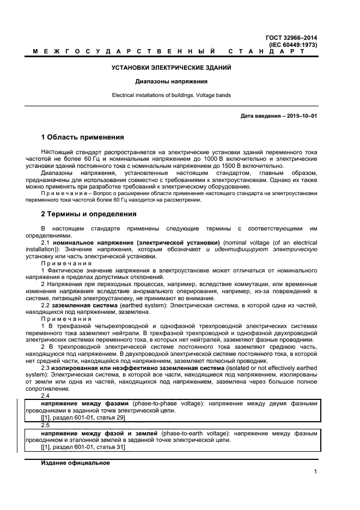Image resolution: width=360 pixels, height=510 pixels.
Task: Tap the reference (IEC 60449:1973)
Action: pyautogui.click(x=293, y=45)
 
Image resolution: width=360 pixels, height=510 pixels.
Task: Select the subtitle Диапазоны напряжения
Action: pyautogui.click(x=171, y=82)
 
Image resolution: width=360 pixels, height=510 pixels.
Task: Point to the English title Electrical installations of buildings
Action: pyautogui.click(x=171, y=95)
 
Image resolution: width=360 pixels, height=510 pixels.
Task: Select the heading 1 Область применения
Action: pyautogui.click(x=82, y=137)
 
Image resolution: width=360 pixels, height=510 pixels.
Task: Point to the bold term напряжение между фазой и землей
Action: pyautogui.click(x=99, y=433)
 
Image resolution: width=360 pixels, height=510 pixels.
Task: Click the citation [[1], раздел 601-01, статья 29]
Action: pyautogui.click(x=83, y=417)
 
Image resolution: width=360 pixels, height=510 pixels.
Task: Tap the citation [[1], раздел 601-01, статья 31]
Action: pyautogui.click(x=83, y=447)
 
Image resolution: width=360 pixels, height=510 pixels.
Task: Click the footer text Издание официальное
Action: pyautogui.click(x=75, y=463)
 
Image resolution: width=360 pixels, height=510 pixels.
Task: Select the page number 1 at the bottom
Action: pyautogui.click(x=315, y=471)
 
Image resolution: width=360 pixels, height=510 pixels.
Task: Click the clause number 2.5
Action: pyautogui.click(x=46, y=425)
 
